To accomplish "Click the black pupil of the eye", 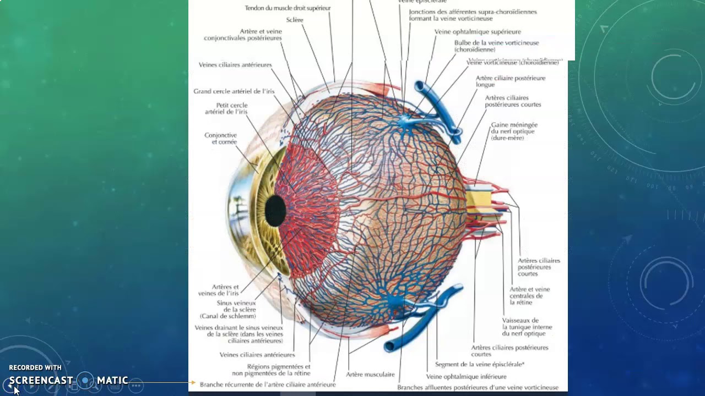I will click(x=275, y=211).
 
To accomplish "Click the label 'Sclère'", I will click(x=295, y=20).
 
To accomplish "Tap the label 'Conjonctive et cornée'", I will click(x=220, y=139).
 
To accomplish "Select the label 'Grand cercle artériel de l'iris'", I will click(x=234, y=91).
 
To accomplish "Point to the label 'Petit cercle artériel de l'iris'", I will click(x=226, y=108).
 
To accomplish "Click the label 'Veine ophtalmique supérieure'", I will click(x=478, y=32).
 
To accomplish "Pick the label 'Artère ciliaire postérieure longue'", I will click(x=510, y=81).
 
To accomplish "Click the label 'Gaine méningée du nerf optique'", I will click(x=514, y=131).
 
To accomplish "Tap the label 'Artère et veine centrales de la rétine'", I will click(x=529, y=296).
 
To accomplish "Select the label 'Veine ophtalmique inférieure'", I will click(x=466, y=377).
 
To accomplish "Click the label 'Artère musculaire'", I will click(x=370, y=375).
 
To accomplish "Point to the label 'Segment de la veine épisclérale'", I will click(x=479, y=364).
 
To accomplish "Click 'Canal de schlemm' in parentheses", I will click(x=227, y=316).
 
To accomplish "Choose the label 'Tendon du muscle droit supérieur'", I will click(x=288, y=8).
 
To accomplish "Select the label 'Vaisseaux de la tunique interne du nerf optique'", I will click(x=527, y=327).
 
